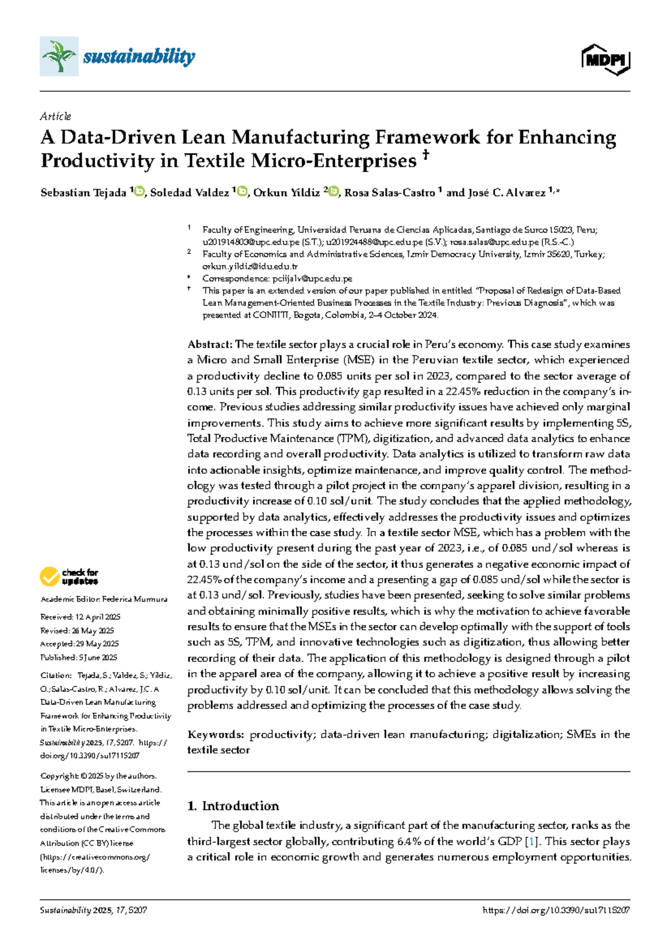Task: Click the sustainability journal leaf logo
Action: (x=59, y=56)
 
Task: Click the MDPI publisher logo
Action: (x=606, y=59)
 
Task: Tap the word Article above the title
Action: (x=55, y=116)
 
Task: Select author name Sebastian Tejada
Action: (x=83, y=193)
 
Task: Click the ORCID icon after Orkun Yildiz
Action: (x=334, y=192)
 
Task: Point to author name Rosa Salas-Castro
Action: (x=390, y=193)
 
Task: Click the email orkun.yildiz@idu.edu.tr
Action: (x=250, y=267)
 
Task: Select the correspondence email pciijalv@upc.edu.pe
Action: (x=312, y=278)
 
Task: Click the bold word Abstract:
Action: (x=210, y=344)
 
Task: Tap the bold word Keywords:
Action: (x=215, y=734)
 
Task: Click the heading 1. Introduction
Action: (x=233, y=805)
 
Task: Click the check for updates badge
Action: (x=69, y=576)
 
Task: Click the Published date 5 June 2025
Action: (x=94, y=657)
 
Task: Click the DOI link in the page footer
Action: (x=556, y=911)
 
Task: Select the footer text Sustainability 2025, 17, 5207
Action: (x=93, y=911)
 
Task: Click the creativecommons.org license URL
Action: (x=95, y=857)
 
